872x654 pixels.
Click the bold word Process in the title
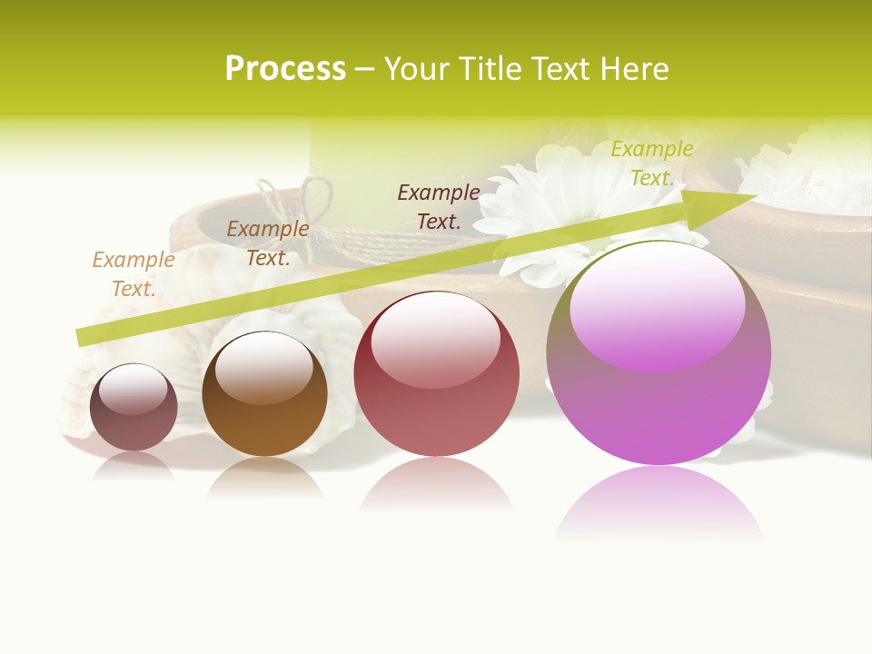point(285,69)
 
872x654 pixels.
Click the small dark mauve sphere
point(134,408)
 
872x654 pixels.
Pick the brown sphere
point(264,394)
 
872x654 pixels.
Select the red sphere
point(436,374)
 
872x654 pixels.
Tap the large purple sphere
point(659,354)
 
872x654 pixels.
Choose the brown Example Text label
point(268,243)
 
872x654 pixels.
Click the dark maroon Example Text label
point(439,206)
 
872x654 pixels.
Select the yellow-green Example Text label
point(652,163)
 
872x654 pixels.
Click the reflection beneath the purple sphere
point(659,504)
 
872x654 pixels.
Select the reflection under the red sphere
point(436,485)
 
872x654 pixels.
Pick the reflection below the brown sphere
point(264,477)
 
